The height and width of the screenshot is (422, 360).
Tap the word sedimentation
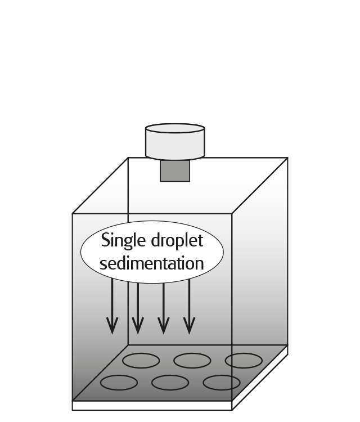151,263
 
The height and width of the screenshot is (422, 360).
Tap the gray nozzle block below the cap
174,171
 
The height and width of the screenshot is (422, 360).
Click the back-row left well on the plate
141,360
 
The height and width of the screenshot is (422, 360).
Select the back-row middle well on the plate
192,360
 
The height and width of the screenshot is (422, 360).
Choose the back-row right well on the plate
243,360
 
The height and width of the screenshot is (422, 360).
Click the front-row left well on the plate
119,383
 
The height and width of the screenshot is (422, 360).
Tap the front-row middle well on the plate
170,383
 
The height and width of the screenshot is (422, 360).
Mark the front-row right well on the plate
222,383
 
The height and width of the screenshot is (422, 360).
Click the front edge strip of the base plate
152,405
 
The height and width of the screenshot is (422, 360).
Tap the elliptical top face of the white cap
174,129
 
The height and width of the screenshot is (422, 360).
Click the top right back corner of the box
287,158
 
